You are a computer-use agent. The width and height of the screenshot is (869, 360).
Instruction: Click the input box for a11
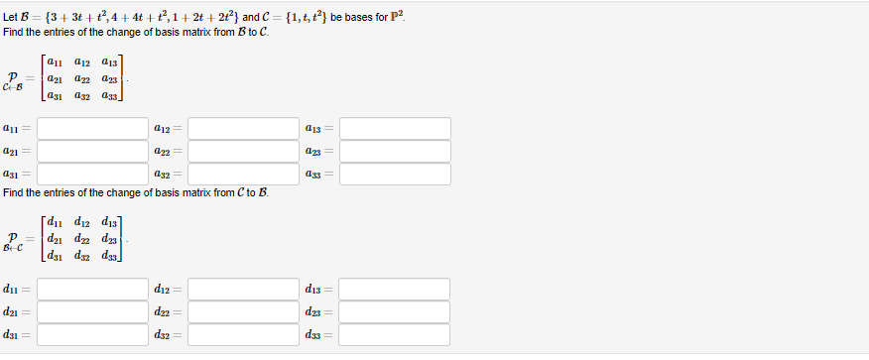(92, 129)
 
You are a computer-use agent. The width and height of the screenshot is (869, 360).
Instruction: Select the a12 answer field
(243, 129)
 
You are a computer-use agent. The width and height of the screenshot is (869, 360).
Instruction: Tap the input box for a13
(395, 129)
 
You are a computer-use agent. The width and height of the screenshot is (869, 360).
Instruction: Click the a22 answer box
(243, 151)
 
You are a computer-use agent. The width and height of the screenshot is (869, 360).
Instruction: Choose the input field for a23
(395, 151)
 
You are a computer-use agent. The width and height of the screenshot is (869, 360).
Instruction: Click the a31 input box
(92, 174)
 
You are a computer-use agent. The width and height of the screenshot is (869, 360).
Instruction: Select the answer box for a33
(395, 174)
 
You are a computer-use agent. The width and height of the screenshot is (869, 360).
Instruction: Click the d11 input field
(92, 290)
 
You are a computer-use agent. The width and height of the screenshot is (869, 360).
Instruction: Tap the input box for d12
(243, 290)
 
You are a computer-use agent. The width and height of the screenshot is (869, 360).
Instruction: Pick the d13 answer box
(394, 290)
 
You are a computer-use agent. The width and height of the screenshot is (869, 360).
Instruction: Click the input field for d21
(92, 311)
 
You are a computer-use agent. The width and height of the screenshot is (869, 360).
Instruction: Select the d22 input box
(243, 311)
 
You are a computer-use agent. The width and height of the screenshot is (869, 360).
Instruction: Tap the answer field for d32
(243, 334)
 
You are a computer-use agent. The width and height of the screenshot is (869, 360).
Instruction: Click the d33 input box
(394, 334)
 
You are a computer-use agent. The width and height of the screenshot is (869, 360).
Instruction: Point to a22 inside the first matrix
(82, 80)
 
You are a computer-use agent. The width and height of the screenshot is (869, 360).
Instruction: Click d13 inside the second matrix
(109, 224)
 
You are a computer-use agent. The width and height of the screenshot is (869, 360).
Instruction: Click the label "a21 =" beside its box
(17, 151)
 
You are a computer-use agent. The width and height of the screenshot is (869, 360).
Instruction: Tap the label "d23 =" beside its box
(319, 311)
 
